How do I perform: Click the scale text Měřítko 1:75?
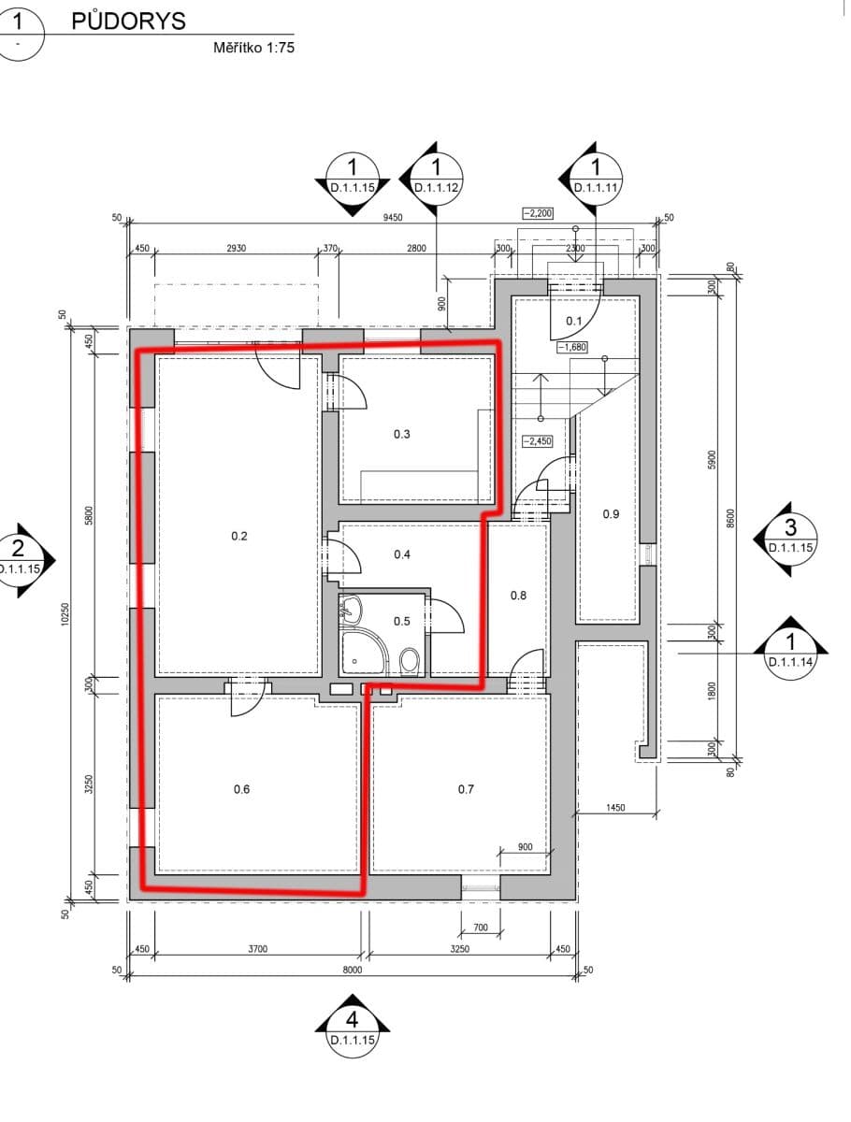click(253, 48)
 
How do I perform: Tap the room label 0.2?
click(239, 536)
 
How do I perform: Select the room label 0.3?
click(402, 434)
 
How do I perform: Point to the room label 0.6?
click(241, 789)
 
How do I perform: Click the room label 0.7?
click(466, 789)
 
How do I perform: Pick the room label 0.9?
click(611, 513)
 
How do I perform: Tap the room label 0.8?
click(518, 595)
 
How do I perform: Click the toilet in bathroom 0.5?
click(410, 661)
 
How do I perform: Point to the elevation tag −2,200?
click(538, 213)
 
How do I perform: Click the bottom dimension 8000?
click(352, 971)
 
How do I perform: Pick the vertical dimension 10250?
click(65, 612)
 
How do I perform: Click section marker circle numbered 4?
click(352, 1018)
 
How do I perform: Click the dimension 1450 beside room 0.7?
click(614, 806)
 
